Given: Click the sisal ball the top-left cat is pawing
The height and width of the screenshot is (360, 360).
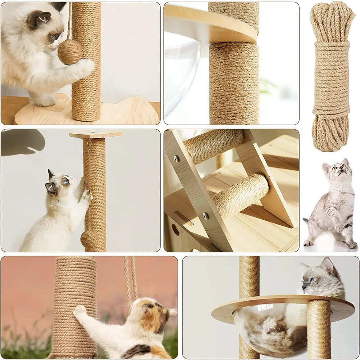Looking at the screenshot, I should [x=70, y=52].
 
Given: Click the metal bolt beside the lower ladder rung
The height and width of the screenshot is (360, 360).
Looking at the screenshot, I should [x=206, y=216].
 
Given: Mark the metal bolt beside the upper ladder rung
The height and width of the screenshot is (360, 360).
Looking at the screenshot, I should [x=176, y=158].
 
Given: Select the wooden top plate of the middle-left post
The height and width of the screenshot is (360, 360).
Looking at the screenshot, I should [x=95, y=134].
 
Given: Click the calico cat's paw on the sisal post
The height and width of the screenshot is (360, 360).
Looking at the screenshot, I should [x=79, y=310].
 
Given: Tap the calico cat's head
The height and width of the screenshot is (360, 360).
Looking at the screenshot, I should [x=153, y=311].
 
